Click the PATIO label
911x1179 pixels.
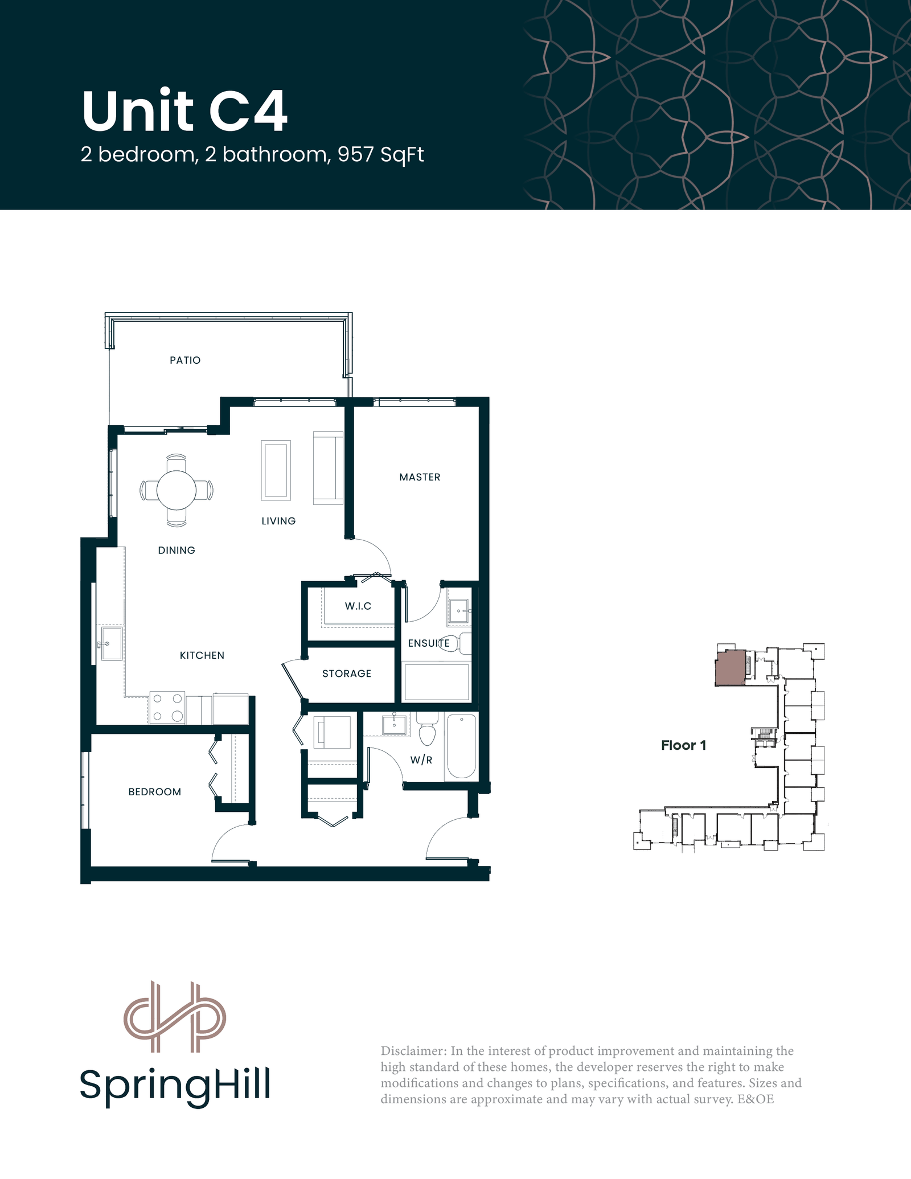[185, 360]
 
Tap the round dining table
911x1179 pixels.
[177, 490]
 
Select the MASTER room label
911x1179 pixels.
[420, 477]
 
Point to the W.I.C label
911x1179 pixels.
[358, 606]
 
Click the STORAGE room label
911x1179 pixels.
[347, 673]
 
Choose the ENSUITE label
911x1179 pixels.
[429, 643]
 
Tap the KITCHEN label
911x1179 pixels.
[202, 655]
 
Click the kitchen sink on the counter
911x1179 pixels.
[111, 643]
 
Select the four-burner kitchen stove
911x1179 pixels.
[167, 708]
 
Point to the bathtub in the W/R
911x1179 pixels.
[462, 746]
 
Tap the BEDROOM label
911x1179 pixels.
[155, 792]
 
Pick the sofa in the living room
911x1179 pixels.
[328, 468]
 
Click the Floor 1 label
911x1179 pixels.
[683, 745]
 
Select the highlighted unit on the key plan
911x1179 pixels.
[731, 667]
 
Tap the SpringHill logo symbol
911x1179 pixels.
[175, 1016]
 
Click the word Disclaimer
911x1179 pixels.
[413, 1051]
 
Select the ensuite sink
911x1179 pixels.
[459, 611]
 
